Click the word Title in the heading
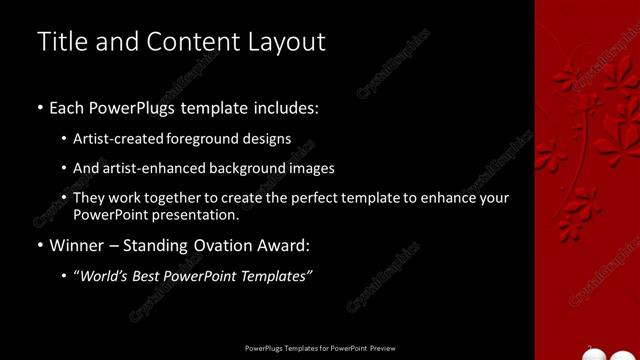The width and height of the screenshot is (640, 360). click(62, 42)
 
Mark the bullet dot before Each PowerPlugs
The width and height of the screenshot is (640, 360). click(39, 108)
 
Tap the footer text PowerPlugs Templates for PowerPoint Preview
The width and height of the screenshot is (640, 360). click(319, 349)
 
